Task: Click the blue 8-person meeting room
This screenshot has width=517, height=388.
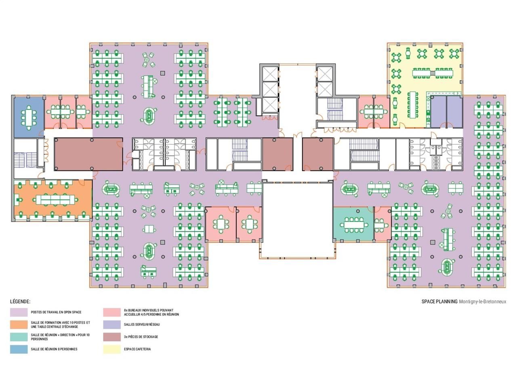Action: (29, 117)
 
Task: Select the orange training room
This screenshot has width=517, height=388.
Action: (53, 200)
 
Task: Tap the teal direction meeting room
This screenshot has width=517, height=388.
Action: (353, 224)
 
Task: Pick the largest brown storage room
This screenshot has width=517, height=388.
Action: (88, 154)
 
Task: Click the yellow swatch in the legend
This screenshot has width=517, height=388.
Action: (112, 349)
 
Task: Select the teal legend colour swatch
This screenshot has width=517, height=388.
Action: (19, 337)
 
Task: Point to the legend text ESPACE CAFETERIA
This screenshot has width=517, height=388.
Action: (137, 349)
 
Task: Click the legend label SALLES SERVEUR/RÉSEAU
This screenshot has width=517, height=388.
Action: (142, 325)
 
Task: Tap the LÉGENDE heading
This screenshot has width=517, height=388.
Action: (20, 302)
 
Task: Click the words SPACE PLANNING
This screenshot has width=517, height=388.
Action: (439, 302)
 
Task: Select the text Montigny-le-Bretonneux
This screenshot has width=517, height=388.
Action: (482, 302)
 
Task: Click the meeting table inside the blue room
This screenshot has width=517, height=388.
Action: (29, 117)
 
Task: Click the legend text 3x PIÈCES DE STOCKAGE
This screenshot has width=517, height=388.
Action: (141, 337)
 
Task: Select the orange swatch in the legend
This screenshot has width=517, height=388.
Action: (19, 325)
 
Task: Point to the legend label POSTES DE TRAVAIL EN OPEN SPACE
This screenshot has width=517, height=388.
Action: (56, 312)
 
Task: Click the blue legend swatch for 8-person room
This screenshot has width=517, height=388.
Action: (19, 349)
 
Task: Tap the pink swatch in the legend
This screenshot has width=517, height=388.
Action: (112, 312)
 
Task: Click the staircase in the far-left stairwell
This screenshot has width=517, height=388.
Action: (25, 160)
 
